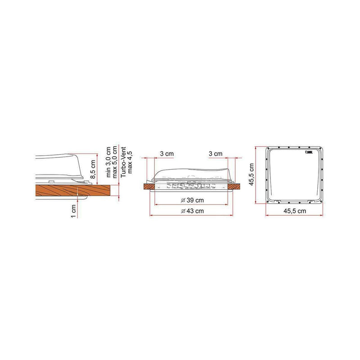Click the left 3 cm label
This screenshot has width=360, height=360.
coord(167,154)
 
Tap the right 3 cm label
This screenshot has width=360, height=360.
coord(216,154)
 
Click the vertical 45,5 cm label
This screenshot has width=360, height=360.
coord(253,174)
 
